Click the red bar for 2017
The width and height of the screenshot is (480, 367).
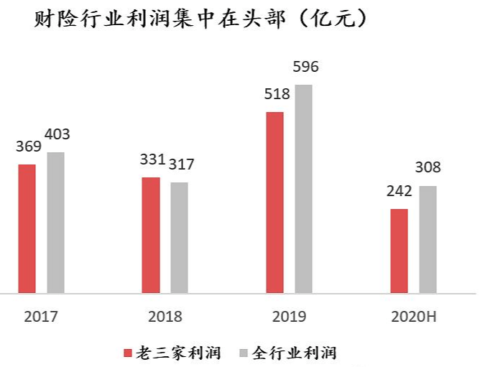(27, 228)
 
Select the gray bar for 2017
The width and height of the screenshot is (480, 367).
(56, 223)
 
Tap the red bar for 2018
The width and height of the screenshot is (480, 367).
(151, 235)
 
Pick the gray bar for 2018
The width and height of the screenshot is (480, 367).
(180, 238)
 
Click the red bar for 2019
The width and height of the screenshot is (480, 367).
(275, 203)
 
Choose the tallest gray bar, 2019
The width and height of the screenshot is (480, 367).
(304, 189)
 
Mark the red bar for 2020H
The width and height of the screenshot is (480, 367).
(400, 251)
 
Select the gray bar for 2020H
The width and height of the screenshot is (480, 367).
(428, 239)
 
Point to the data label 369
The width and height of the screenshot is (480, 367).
(29, 147)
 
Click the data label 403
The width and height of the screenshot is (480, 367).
(57, 134)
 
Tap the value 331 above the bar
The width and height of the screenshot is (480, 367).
(153, 159)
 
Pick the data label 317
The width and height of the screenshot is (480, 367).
(182, 164)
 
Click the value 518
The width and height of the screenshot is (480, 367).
(277, 94)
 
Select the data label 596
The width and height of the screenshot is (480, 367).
(306, 67)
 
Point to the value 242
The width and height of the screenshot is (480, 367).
(400, 191)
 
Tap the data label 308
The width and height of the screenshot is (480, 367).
(428, 167)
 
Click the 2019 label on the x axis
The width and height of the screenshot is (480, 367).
(289, 317)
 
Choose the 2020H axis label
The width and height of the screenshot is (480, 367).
(414, 317)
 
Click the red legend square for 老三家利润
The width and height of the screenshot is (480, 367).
(128, 353)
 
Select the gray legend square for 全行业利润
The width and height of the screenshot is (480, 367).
(244, 353)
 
